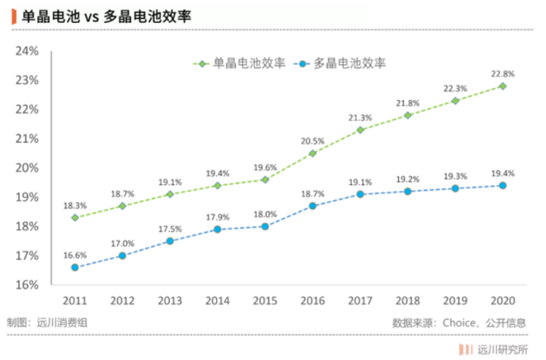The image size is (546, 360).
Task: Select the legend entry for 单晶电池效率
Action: [240, 63]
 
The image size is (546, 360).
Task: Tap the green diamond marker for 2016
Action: [312, 154]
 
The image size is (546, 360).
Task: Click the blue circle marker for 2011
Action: [75, 267]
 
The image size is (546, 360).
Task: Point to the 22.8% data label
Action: [503, 74]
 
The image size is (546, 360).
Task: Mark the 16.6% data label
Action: [75, 255]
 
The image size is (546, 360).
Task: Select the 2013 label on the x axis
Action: [169, 301]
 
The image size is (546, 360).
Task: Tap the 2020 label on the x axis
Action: [503, 301]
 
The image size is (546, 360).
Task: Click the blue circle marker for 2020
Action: [503, 186]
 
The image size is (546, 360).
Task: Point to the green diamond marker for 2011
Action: [75, 217]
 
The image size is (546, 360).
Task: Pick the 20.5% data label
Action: [312, 141]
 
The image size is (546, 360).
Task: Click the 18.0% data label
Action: [265, 214]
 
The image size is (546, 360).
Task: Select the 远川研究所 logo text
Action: [503, 349]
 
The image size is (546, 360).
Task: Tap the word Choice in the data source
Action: [459, 323]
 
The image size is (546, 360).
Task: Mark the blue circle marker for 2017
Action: [360, 194]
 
